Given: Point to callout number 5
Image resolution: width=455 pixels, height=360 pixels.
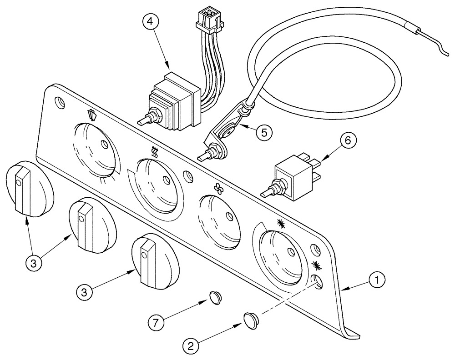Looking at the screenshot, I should [264, 132].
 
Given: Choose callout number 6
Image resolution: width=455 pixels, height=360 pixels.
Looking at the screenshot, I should [347, 141].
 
